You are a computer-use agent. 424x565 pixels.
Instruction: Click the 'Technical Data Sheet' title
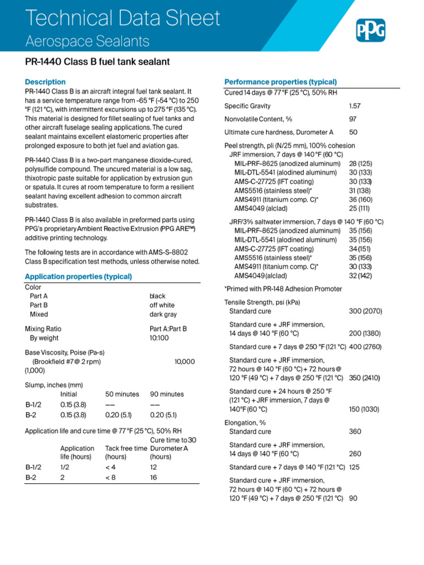pyautogui.click(x=123, y=19)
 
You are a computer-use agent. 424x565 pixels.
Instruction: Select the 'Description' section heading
pyautogui.click(x=45, y=82)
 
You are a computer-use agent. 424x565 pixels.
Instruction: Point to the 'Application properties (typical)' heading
pyautogui.click(x=78, y=276)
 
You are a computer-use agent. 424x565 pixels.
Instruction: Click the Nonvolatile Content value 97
pyautogui.click(x=353, y=119)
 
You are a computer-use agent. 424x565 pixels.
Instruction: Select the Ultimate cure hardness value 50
pyautogui.click(x=353, y=132)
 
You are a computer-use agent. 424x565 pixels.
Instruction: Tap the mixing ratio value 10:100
pyautogui.click(x=159, y=338)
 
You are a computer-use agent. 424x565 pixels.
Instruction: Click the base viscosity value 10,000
pyautogui.click(x=184, y=361)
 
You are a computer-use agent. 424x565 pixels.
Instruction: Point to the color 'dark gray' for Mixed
pyautogui.click(x=163, y=315)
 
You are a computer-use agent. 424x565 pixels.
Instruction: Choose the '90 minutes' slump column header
pyautogui.click(x=167, y=395)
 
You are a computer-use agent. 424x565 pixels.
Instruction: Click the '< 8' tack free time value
pyautogui.click(x=110, y=478)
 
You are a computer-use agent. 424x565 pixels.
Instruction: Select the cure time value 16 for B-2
pyautogui.click(x=153, y=478)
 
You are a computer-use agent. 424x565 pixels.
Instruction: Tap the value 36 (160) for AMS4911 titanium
pyautogui.click(x=361, y=199)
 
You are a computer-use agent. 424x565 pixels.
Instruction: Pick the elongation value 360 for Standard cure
pyautogui.click(x=355, y=431)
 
